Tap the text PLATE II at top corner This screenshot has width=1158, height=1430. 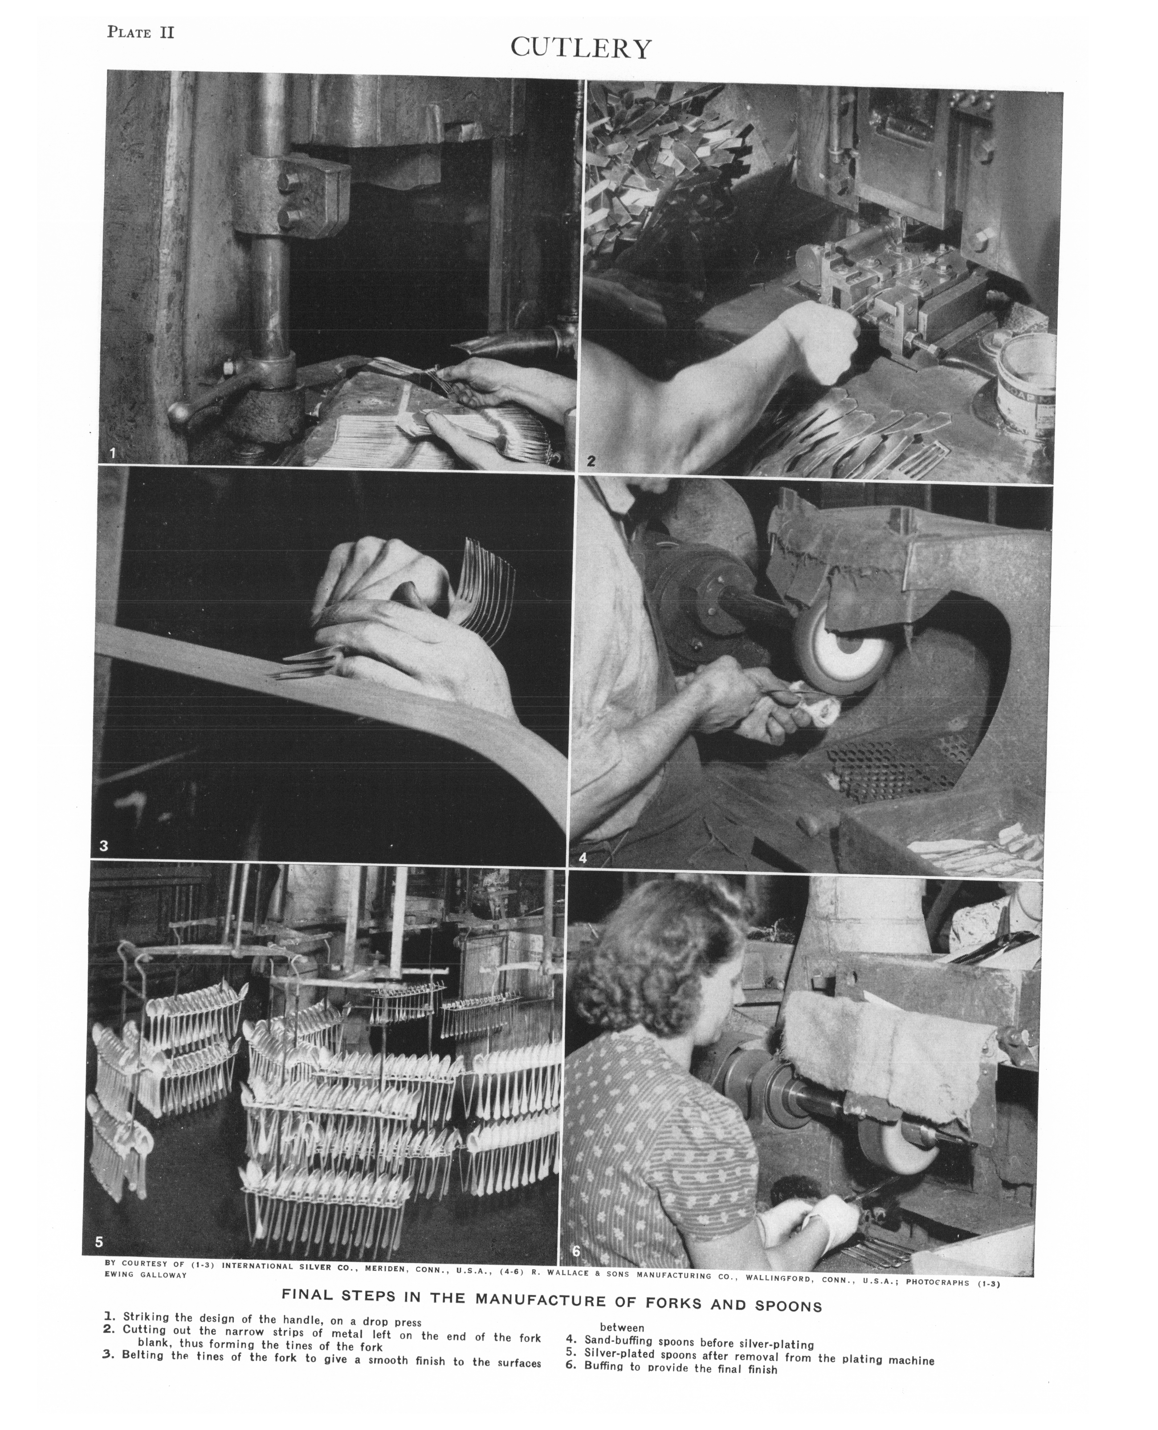tap(141, 32)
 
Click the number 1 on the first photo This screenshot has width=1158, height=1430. tap(113, 453)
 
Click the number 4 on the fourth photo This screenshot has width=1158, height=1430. tap(582, 858)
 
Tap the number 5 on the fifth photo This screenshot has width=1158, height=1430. tap(99, 1241)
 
